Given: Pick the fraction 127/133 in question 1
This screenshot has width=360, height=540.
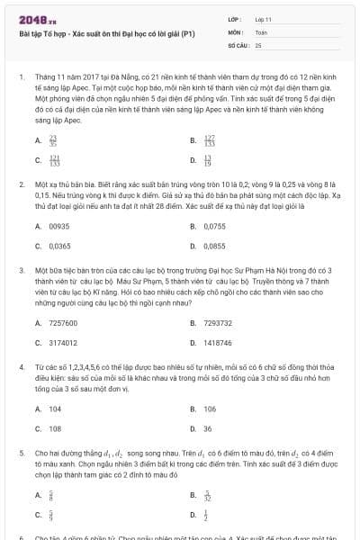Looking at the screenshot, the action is coord(210,140).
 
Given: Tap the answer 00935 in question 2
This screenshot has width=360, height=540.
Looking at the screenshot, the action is coord(59,226).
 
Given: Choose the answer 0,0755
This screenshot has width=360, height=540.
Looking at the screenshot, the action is coord(214,226).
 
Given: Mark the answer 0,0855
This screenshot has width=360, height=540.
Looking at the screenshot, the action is coord(214,245).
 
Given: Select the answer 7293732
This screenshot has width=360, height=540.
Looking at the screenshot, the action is coord(218,323).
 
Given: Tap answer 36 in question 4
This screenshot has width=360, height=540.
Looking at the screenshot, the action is coord(208,428).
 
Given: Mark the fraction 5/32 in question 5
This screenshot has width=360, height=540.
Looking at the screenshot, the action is coord(208,495).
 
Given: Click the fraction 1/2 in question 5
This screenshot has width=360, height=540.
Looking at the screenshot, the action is coord(206,515).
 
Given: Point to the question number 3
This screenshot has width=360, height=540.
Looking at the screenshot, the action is coord(21,269).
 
